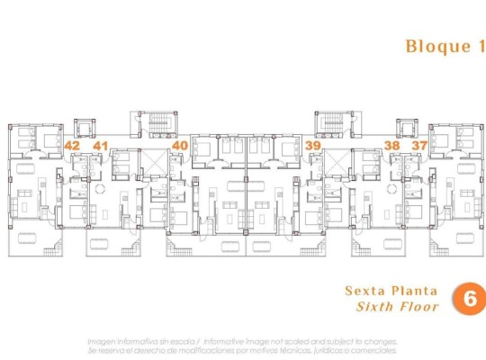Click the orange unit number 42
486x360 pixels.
click(x=73, y=144)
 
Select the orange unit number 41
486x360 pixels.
click(x=100, y=144)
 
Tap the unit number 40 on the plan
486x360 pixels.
click(x=180, y=144)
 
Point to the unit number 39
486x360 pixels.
click(x=312, y=144)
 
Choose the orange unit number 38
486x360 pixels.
click(x=391, y=144)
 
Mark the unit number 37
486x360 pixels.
click(x=418, y=144)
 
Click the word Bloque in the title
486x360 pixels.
click(x=433, y=46)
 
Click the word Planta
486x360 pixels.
click(x=414, y=291)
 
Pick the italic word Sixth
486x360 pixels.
click(x=378, y=307)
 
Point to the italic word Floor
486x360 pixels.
click(x=420, y=307)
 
